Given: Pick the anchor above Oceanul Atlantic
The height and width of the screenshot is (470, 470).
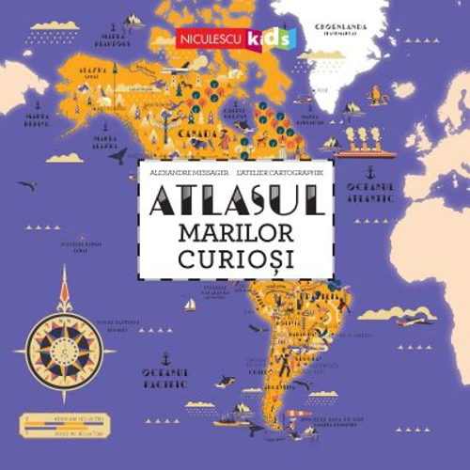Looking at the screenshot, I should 369,172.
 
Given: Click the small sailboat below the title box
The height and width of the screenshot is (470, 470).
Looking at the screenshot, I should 190,305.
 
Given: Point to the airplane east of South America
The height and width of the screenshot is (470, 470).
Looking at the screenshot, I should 415,321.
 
